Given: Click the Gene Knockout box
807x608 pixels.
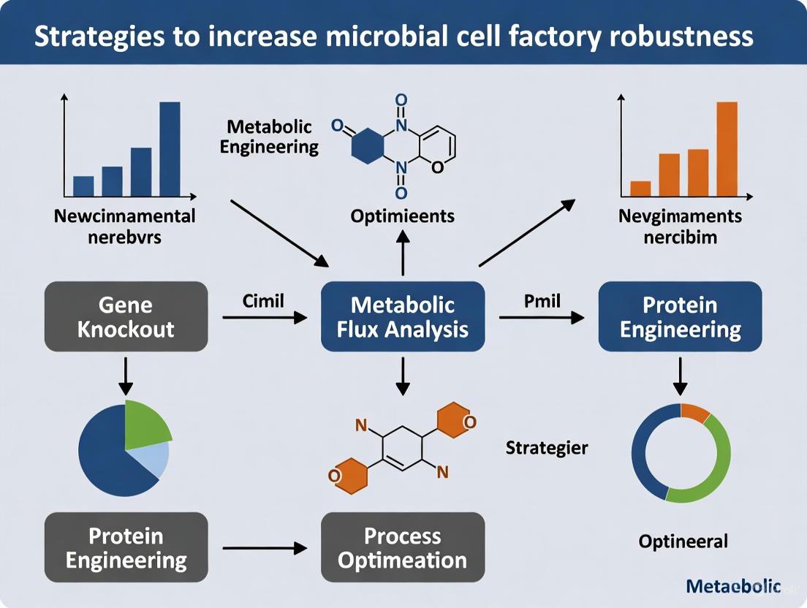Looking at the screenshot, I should click(126, 316).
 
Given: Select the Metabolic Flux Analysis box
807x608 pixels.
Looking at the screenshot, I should click(403, 316).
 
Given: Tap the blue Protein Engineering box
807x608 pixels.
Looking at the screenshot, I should click(680, 316).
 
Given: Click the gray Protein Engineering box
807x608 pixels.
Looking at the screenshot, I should click(126, 547).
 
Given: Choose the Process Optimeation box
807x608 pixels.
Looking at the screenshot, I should click(403, 547).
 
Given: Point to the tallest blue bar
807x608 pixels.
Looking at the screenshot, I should click(170, 149).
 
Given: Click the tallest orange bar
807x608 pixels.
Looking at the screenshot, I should click(727, 149).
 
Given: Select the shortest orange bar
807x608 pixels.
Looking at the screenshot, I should click(640, 189).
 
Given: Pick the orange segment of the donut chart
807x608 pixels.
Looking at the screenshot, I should click(695, 413).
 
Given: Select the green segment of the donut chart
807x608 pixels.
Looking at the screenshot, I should click(713, 468).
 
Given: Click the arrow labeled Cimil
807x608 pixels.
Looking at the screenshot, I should click(264, 317).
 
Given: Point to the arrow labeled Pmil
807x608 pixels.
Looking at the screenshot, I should click(541, 317).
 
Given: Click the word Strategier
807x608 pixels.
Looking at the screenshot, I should click(546, 447).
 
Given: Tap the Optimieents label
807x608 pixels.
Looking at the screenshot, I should click(402, 216).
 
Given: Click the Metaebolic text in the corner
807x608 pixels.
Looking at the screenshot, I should click(734, 586).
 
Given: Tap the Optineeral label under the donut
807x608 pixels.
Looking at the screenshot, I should click(683, 541).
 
